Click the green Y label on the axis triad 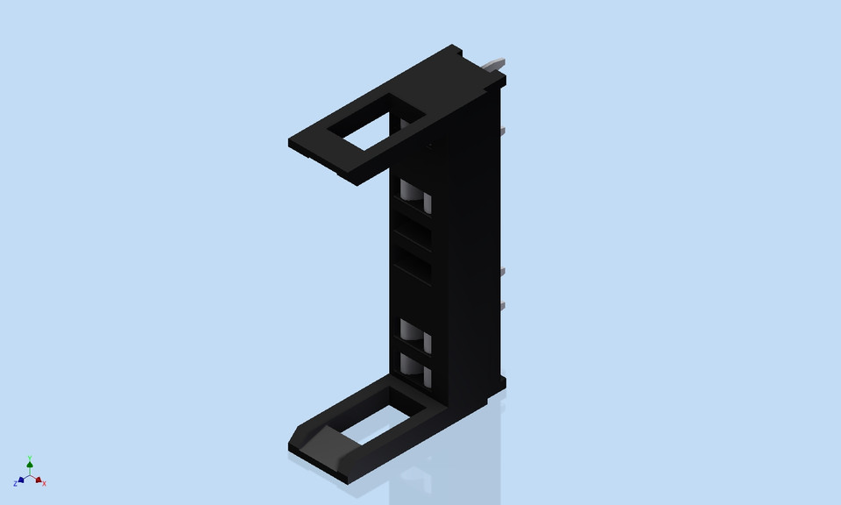[30, 458]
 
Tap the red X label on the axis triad [45, 484]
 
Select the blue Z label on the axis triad [15, 484]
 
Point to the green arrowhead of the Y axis [30, 465]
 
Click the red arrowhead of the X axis [39, 480]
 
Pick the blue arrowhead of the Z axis [21, 480]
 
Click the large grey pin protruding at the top [495, 64]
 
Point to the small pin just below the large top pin [504, 132]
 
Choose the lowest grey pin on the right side [504, 304]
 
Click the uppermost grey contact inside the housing [414, 196]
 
